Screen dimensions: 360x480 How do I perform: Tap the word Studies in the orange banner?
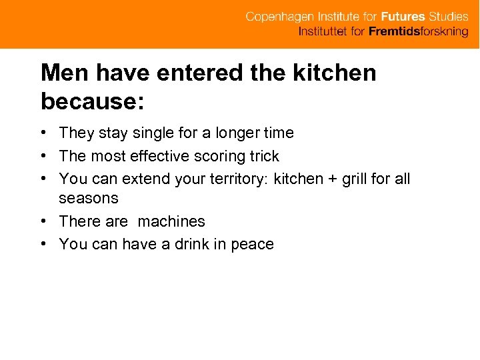[445, 17]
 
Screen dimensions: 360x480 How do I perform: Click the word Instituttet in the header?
[323, 31]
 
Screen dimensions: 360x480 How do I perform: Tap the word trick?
[264, 157]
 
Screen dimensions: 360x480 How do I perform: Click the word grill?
[353, 179]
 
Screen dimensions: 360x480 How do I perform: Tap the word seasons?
[89, 198]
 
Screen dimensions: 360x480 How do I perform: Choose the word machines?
[171, 221]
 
